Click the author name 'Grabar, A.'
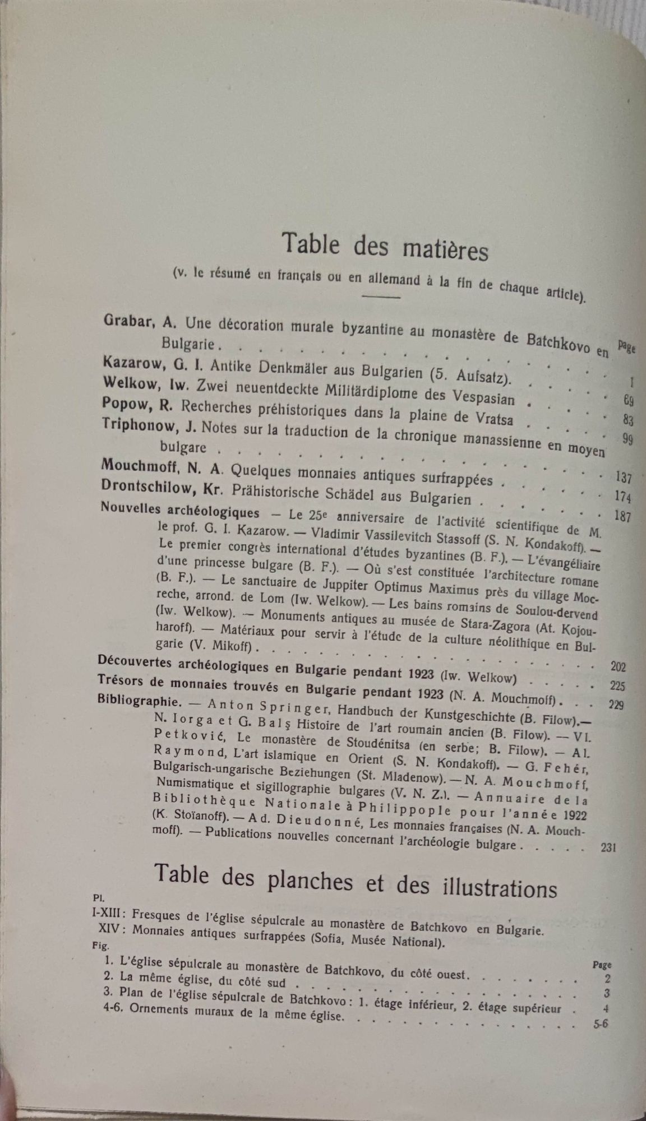141,322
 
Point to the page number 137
623,478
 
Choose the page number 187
622,516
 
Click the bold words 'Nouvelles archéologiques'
179,509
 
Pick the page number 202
618,666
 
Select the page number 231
608,847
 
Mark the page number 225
617,685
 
